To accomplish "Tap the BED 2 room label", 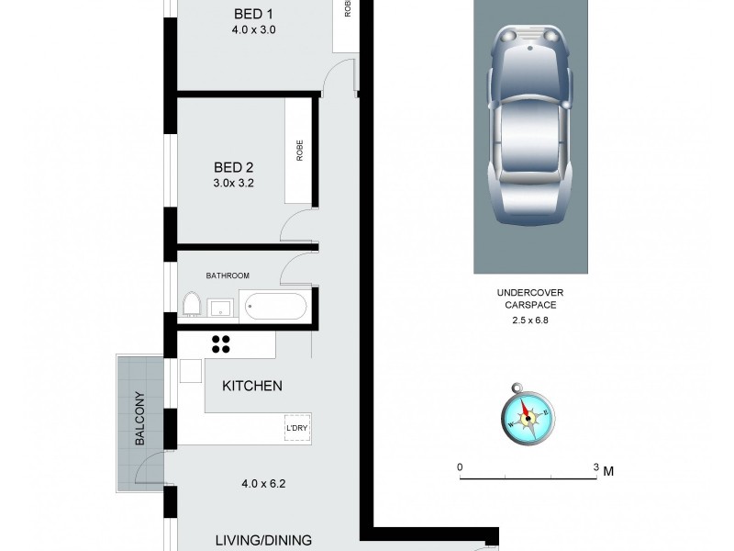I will tap(233, 167).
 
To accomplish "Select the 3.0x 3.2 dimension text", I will tap(233, 183).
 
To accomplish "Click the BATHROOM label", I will tap(228, 275).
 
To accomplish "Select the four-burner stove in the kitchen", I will tap(221, 343).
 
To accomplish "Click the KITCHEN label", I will tap(252, 387).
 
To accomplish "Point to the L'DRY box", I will tap(297, 429).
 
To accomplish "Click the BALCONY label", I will tap(140, 420).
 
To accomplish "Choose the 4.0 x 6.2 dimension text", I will tap(264, 483).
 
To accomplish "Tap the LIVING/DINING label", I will tap(263, 540).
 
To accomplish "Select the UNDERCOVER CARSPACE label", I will tap(527, 299).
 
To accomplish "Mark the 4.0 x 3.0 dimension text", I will tap(254, 30).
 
